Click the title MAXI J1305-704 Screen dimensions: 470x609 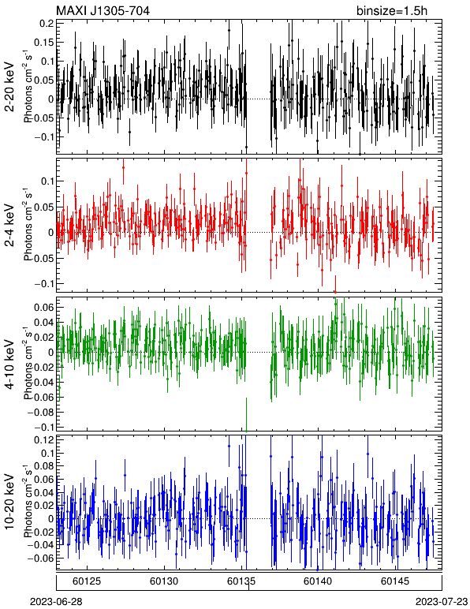pyautogui.click(x=103, y=10)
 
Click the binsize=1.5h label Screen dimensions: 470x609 pyautogui.click(x=392, y=10)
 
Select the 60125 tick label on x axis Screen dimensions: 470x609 pyautogui.click(x=87, y=581)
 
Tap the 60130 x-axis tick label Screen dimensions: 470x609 pyautogui.click(x=164, y=581)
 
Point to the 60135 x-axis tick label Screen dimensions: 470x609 pyautogui.click(x=241, y=581)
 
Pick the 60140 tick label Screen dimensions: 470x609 pyautogui.click(x=319, y=581)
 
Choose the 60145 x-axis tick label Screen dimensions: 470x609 pyautogui.click(x=395, y=581)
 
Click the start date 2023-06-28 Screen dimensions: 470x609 pyautogui.click(x=56, y=602)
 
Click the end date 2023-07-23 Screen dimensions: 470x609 pyautogui.click(x=442, y=602)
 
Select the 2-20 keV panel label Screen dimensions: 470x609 pyautogui.click(x=9, y=87)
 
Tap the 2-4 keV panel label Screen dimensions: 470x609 pyautogui.click(x=9, y=226)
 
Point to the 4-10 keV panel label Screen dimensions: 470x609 pyautogui.click(x=9, y=364)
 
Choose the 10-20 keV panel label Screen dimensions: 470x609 pyautogui.click(x=9, y=502)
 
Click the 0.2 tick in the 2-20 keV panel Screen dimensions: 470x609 pyautogui.click(x=47, y=24)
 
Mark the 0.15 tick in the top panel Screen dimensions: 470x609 pyautogui.click(x=44, y=43)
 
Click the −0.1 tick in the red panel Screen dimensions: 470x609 pyautogui.click(x=43, y=283)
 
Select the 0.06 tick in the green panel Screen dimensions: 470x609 pyautogui.click(x=44, y=307)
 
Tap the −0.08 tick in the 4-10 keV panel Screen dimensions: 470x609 pyautogui.click(x=41, y=412)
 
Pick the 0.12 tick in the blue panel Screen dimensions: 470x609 pyautogui.click(x=44, y=439)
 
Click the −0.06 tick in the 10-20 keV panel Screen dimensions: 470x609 pyautogui.click(x=41, y=558)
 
